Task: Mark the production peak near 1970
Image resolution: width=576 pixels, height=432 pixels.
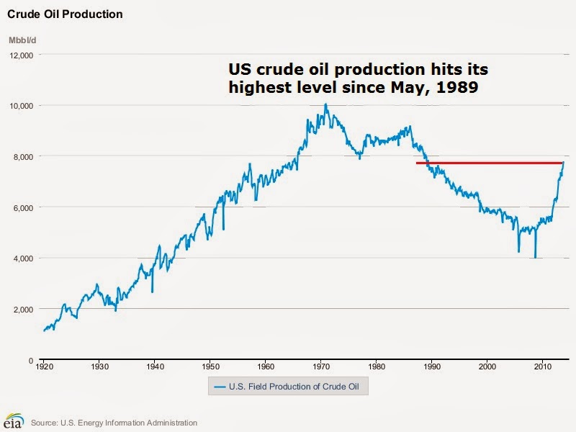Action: pos(325,105)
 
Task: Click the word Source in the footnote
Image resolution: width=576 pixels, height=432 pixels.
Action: pos(45,423)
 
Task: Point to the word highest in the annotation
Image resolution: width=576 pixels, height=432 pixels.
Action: pos(258,87)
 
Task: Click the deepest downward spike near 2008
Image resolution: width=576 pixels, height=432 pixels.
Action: pos(535,257)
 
